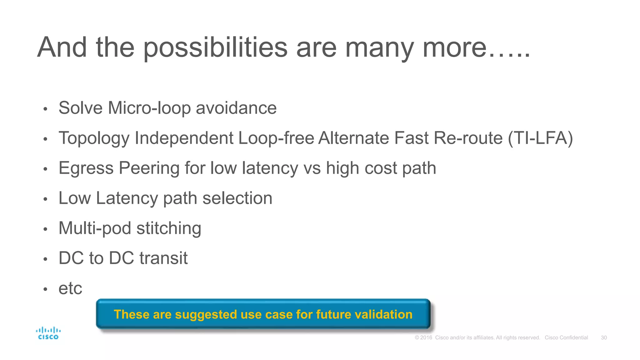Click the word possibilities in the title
[x=215, y=47]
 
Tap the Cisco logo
[x=48, y=333]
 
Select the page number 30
[x=604, y=337]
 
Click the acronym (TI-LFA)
[x=540, y=138]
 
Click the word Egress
[x=86, y=168]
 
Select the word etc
[x=70, y=288]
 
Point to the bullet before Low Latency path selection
[x=45, y=199]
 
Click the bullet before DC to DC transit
[x=45, y=259]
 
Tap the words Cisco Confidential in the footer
[x=566, y=337]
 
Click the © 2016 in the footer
[x=423, y=337]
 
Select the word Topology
[x=94, y=138]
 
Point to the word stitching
[x=169, y=228]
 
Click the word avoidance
[x=236, y=108]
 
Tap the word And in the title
[x=62, y=47]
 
